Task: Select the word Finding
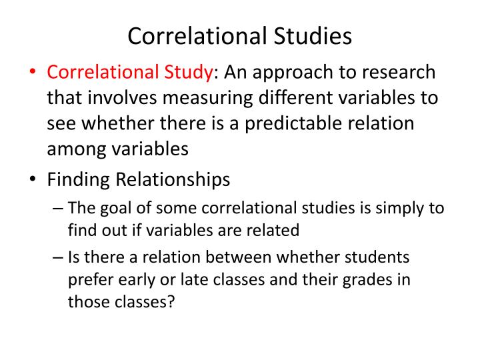(79, 180)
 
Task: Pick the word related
(274, 231)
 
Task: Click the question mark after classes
(171, 301)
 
